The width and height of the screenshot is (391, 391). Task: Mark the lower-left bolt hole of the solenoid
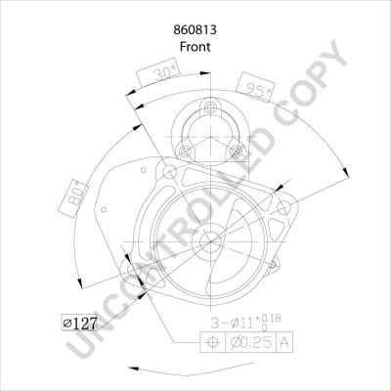[182, 150]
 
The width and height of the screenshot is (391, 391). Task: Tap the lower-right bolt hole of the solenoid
[235, 150]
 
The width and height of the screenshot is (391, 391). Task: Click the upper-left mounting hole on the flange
[171, 174]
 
